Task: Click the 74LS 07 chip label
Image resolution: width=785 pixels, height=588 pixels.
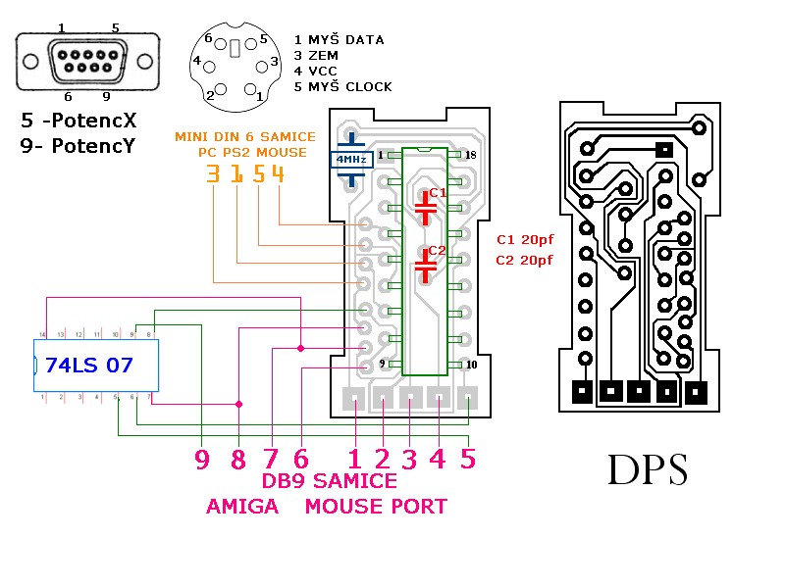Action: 89,367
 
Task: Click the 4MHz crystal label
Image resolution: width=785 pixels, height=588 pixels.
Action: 351,158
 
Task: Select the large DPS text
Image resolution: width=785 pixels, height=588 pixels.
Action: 647,469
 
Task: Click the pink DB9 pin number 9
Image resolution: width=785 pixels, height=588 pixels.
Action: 201,459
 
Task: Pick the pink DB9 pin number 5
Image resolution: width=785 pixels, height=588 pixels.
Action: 468,459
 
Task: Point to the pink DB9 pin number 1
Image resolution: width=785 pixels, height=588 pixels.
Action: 354,459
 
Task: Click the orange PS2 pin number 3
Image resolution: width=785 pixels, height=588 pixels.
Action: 214,174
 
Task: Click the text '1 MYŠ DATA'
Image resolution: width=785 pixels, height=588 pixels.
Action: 339,40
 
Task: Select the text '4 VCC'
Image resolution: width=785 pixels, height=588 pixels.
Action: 315,72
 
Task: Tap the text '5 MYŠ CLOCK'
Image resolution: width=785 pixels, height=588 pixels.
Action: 342,87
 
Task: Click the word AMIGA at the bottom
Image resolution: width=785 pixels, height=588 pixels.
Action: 242,507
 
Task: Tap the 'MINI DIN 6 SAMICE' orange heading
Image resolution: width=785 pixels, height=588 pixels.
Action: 245,136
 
